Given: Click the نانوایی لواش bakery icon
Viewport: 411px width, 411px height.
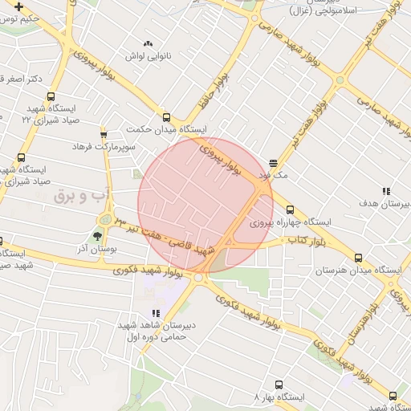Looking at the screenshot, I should [146, 43].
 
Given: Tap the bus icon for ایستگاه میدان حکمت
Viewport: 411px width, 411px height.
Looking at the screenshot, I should [166, 117].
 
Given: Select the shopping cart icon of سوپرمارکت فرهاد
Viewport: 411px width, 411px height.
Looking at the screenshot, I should [104, 134].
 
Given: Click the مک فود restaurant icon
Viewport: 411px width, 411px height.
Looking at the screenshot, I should [274, 161].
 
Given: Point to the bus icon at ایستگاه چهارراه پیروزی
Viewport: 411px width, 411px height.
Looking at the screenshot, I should [290, 210].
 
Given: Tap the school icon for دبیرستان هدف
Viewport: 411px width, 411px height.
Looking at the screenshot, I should [386, 191].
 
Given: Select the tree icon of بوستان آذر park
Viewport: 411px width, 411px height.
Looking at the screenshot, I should [97, 236].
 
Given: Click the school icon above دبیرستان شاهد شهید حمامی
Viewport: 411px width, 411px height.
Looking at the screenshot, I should [154, 314].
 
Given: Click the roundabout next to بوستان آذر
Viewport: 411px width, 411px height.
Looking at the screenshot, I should [104, 220].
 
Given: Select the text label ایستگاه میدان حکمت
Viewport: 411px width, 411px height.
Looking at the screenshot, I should [171, 129].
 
